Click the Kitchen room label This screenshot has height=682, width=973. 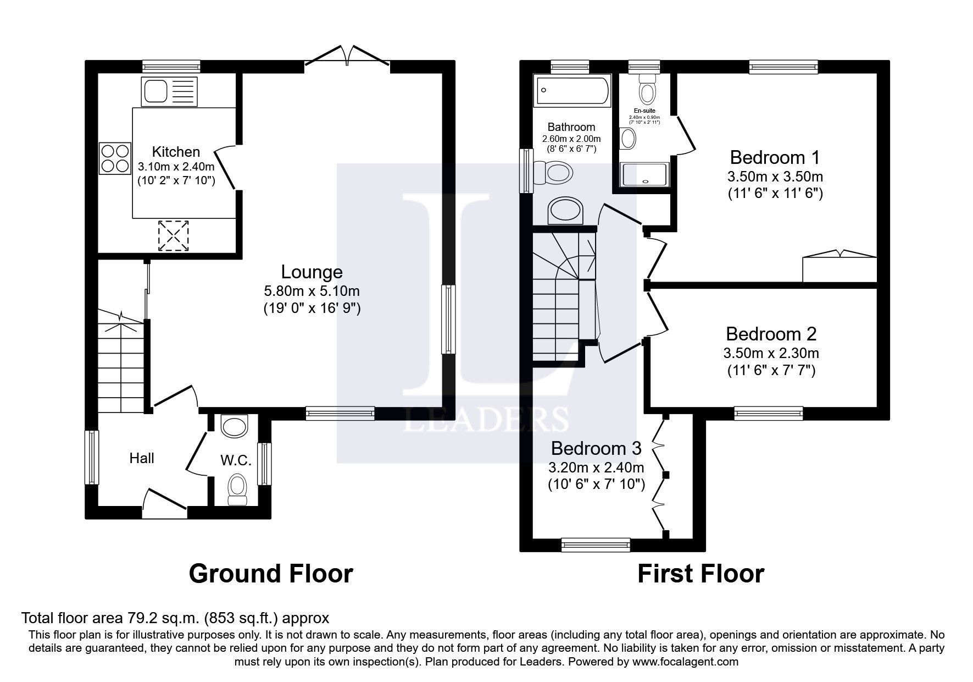coord(176,152)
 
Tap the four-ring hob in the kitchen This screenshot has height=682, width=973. coord(115,158)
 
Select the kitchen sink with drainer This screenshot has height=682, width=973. coord(169,91)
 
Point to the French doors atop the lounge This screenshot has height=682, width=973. coord(347,57)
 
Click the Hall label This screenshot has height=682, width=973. coord(142,458)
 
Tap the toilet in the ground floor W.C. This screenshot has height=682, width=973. coord(237,487)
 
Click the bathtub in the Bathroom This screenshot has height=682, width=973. coord(572,91)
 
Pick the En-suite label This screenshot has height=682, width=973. coord(644,111)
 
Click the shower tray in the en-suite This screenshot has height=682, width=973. coord(644,174)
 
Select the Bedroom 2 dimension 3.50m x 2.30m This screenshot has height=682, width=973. coord(771,353)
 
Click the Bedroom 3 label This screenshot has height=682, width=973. coord(596,448)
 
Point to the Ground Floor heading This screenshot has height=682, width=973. coord(270,574)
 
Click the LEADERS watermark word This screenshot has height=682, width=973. coord(486,420)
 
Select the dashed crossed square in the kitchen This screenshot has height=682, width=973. coord(174,236)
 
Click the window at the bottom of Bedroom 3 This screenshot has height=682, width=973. coord(596,544)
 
